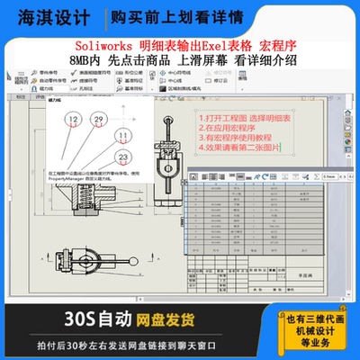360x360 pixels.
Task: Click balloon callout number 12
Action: (x=74, y=120)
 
